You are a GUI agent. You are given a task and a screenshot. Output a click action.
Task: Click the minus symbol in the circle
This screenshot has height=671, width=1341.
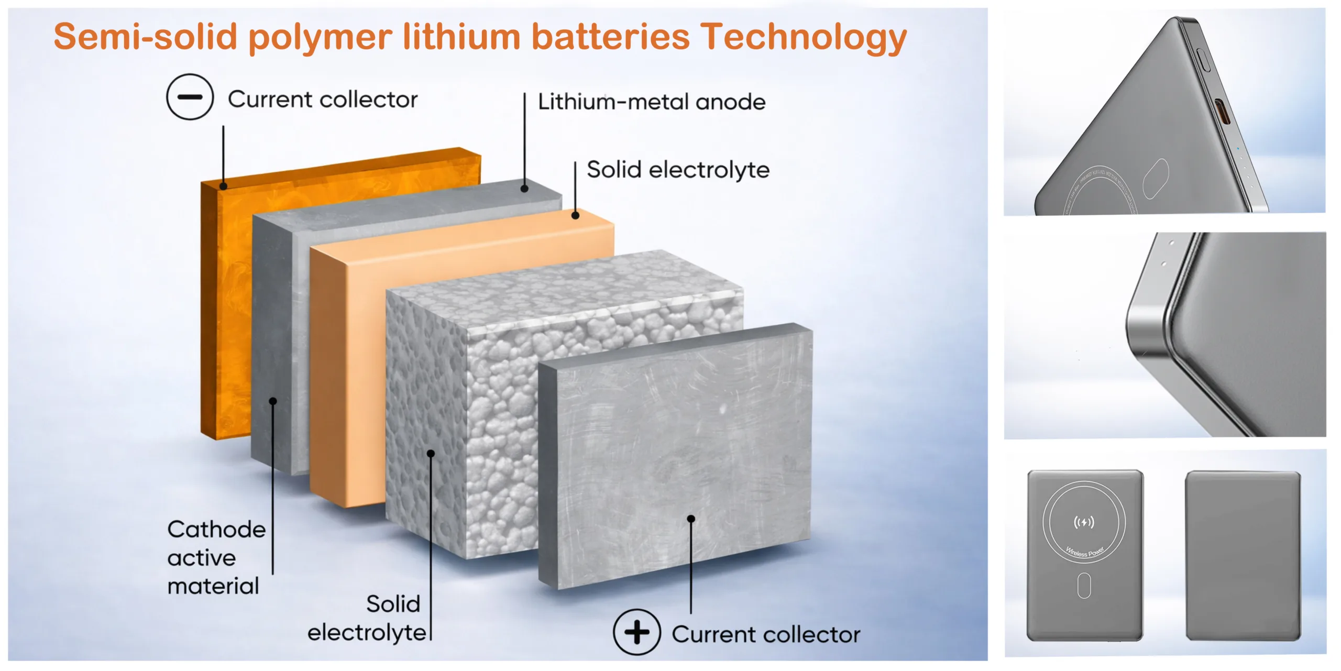coord(190,97)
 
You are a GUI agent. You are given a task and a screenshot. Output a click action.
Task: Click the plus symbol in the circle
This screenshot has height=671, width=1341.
coord(636,632)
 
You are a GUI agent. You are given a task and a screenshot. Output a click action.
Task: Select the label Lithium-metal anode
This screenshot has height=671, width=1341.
coord(652,102)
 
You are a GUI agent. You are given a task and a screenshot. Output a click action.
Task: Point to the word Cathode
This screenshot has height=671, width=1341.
coord(216,529)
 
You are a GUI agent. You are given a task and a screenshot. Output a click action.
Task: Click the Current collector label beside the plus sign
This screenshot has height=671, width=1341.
coord(766,634)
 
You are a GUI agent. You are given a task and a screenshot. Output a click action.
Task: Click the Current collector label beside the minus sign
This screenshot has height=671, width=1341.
coord(323,99)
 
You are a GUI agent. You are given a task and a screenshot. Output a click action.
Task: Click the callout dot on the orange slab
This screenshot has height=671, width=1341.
coord(224,186)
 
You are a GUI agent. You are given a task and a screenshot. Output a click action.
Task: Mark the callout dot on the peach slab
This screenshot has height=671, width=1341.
coord(575,215)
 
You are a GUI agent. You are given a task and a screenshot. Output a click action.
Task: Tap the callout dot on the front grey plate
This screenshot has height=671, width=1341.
coord(691,519)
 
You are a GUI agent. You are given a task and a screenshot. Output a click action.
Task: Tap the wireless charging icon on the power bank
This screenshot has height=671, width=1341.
coord(1084,522)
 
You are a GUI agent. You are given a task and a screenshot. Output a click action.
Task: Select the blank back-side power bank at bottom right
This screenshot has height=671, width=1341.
coord(1243,555)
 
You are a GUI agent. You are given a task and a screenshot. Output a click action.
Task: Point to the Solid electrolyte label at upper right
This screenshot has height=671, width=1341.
coord(678,170)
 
